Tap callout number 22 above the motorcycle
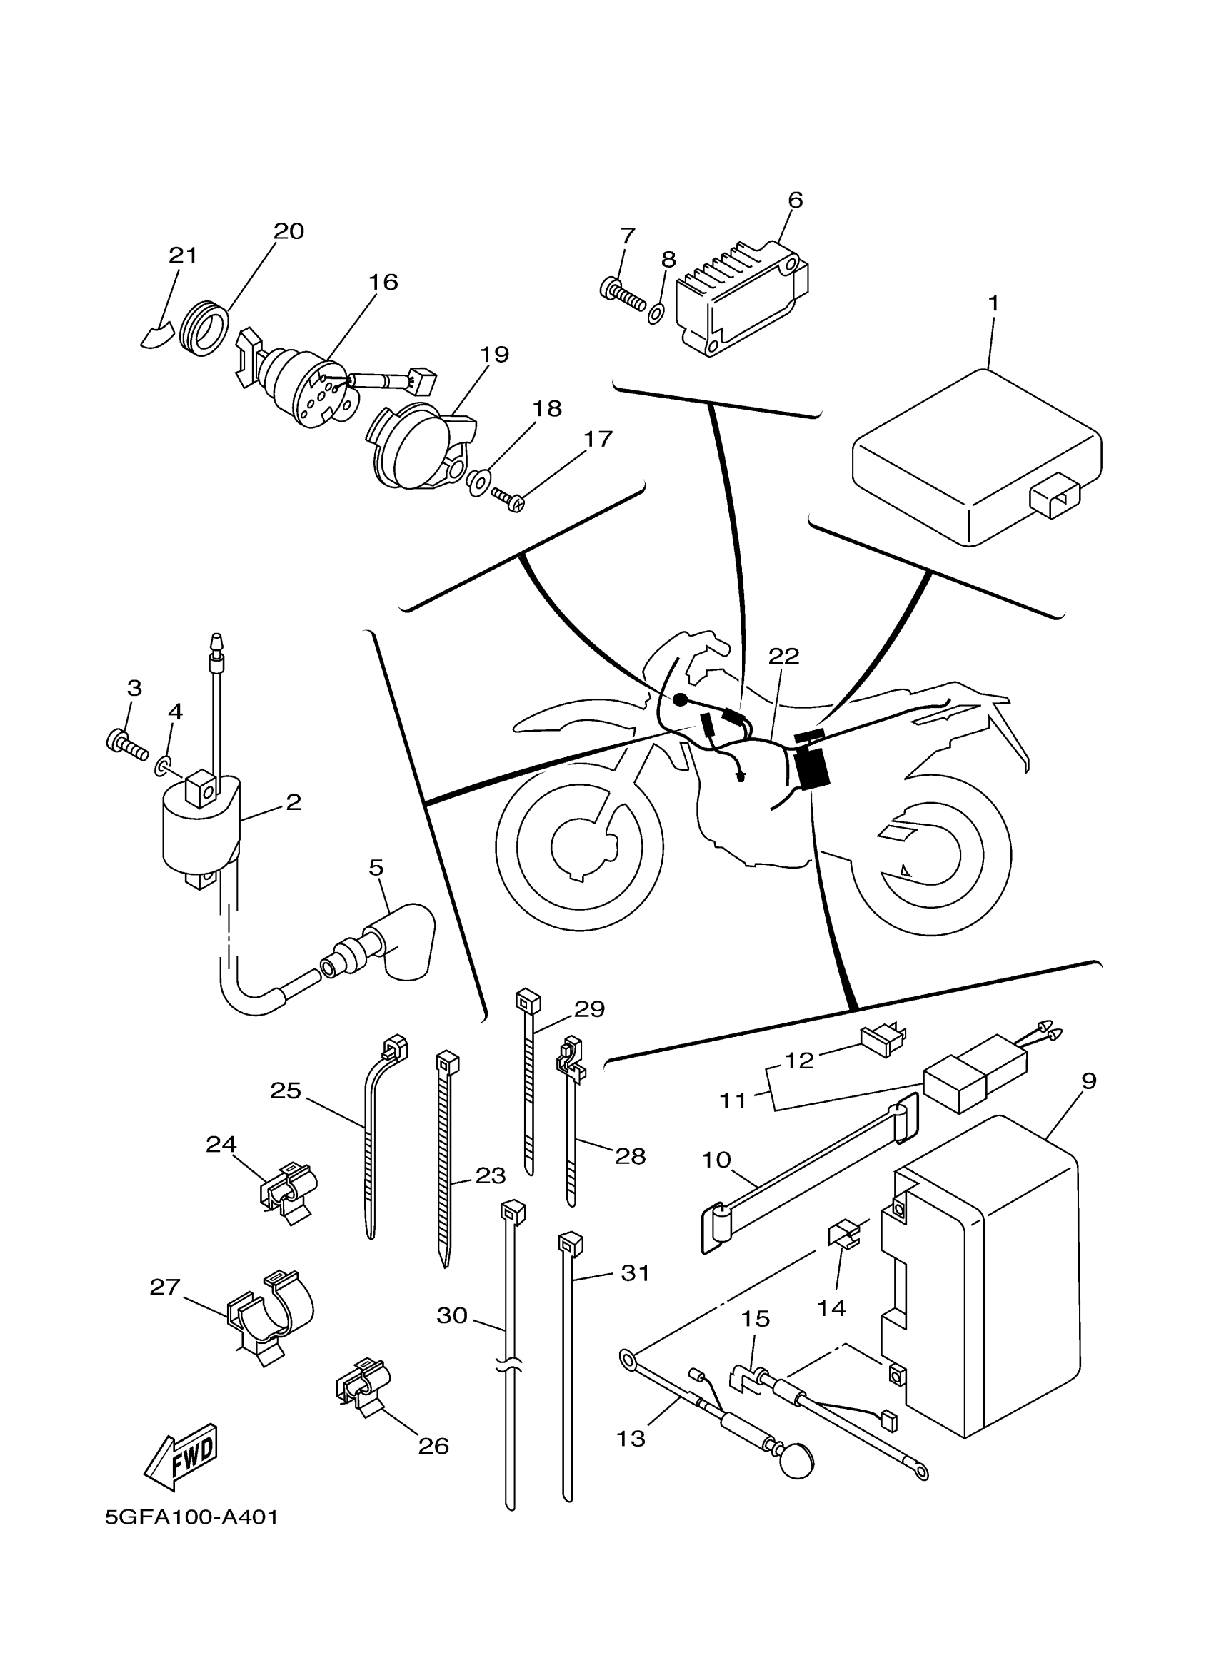tap(783, 656)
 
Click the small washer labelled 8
tap(655, 314)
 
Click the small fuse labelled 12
tap(883, 1039)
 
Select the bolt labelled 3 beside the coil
tap(124, 742)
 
